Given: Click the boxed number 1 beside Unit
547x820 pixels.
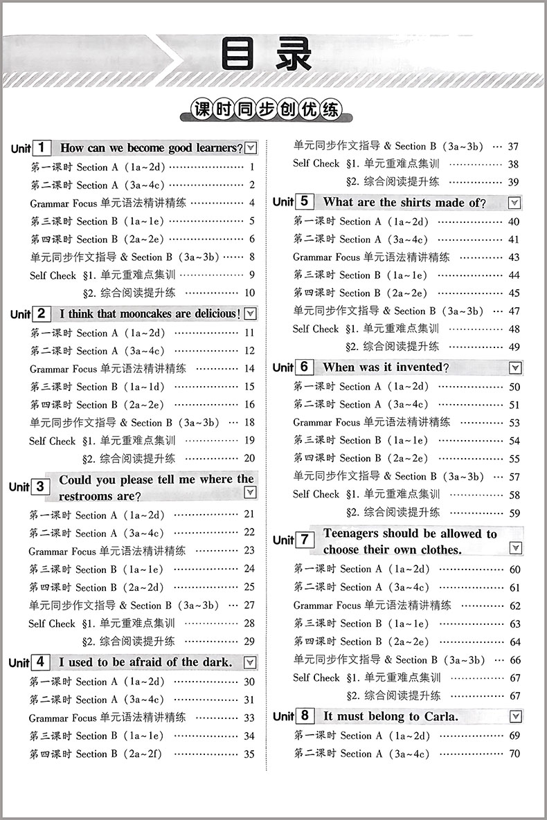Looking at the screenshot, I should [x=42, y=147].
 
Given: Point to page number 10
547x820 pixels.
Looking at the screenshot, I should [x=249, y=293].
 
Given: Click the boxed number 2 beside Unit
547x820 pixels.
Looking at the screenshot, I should [x=42, y=313].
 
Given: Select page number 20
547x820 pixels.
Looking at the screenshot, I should [x=249, y=458].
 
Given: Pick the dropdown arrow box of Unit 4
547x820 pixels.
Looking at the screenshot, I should [x=249, y=662].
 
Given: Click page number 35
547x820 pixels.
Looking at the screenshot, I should [x=249, y=754].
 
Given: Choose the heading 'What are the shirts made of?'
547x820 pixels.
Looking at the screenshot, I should [x=404, y=202].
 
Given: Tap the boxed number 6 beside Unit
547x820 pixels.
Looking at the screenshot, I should [x=305, y=367].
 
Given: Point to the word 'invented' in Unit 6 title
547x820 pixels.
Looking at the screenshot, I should [x=420, y=367].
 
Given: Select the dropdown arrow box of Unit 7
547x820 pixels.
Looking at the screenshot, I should [x=514, y=548].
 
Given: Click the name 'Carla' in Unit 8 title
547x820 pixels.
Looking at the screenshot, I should [x=438, y=716].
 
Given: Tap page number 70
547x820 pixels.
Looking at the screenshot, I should [x=514, y=754].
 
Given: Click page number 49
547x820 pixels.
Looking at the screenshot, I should [x=514, y=347].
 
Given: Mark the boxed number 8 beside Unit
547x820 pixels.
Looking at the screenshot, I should [x=305, y=716].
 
